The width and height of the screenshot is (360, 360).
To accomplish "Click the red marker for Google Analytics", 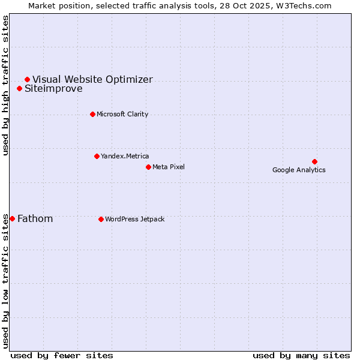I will [x=314, y=161].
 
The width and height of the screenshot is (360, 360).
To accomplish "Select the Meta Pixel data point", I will [x=148, y=167].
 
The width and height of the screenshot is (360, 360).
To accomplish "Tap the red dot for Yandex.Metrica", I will [x=97, y=156].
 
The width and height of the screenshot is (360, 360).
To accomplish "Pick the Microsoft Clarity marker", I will [x=92, y=114].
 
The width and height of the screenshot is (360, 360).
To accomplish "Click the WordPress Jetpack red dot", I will [x=101, y=219].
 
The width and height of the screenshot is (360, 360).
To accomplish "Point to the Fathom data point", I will [x=12, y=218].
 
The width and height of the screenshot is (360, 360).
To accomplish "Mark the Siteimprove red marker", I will [x=19, y=88].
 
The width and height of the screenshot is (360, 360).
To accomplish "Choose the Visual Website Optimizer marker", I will [x=27, y=79].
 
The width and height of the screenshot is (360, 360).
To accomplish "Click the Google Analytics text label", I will [x=299, y=170].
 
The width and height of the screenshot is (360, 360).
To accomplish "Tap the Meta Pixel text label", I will [x=169, y=167].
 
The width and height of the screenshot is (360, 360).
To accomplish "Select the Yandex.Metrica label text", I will [x=125, y=156].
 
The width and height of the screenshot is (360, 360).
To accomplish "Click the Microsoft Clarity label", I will [x=122, y=114].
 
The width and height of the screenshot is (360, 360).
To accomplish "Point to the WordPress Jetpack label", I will [x=134, y=219].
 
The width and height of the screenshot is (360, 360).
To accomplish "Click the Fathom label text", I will [x=35, y=218].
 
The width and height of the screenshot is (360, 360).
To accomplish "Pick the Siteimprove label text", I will [x=53, y=89].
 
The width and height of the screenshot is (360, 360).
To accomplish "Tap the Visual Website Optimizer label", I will [x=92, y=79].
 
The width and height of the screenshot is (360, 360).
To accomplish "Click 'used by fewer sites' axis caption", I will [x=62, y=355].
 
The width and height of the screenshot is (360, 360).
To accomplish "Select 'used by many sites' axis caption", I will [x=301, y=355].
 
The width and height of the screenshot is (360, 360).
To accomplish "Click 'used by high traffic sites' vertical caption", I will [x=6, y=85].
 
